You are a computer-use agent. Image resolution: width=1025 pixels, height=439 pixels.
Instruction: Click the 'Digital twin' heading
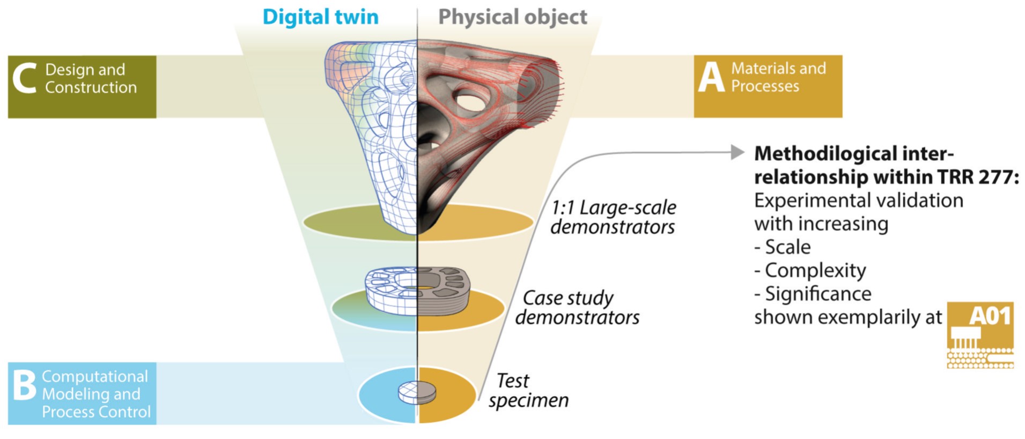320,17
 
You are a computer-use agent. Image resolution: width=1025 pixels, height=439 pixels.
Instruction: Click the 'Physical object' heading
512,17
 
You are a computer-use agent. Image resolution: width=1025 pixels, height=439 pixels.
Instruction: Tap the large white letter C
25,78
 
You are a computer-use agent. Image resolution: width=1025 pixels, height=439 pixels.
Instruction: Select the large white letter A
711,78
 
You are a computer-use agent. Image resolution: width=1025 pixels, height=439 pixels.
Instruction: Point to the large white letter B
24,385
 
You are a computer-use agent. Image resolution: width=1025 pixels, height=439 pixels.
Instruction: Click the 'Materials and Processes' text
778,77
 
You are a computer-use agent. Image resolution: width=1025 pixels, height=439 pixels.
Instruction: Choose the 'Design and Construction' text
90,78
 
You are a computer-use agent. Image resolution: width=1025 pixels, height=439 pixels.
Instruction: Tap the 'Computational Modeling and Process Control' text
95,394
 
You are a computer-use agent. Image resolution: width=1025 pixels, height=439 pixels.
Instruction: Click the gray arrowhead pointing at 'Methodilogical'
738,153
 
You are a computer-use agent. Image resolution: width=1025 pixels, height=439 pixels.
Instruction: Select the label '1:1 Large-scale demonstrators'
613,217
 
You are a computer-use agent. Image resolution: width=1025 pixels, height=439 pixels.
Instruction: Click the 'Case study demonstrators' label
577,307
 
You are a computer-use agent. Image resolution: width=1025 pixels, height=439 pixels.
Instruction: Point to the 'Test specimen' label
528,390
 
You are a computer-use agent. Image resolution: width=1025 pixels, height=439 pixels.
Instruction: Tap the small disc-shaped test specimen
417,392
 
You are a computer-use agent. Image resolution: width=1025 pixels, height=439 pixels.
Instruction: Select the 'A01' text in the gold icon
990,316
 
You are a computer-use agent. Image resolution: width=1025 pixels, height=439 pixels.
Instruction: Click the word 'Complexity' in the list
815,270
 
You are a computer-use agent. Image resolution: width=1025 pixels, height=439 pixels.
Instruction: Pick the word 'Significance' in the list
817,294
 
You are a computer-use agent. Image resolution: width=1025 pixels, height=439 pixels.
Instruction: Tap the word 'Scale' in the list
787,247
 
